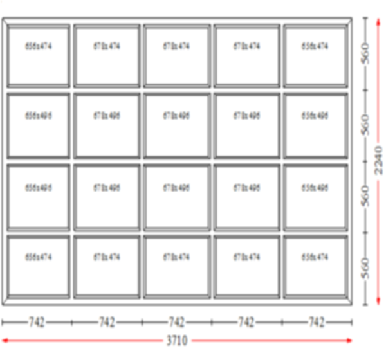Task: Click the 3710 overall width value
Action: click(x=176, y=340)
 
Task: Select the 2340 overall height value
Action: click(x=379, y=159)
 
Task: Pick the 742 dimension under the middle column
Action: click(x=176, y=322)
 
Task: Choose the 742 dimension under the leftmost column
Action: click(x=37, y=322)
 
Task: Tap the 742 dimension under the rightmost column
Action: click(x=316, y=322)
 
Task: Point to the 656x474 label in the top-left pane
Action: click(x=38, y=46)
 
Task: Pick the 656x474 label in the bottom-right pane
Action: click(x=315, y=257)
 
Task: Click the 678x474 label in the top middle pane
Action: click(x=176, y=46)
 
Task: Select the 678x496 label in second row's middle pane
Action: click(x=176, y=116)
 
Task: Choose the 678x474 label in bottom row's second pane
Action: click(x=107, y=257)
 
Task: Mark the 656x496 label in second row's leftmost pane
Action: click(x=38, y=116)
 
